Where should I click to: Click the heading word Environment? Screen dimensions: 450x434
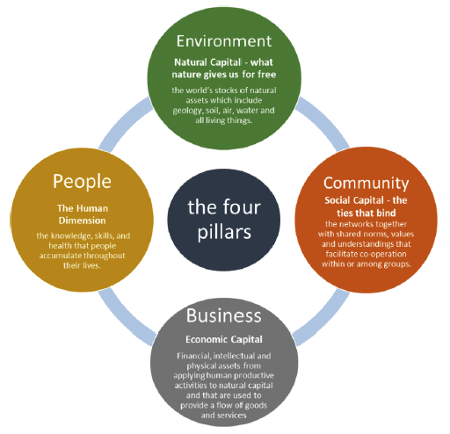224,41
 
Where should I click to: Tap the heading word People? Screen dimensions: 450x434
82,182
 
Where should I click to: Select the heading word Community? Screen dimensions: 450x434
366,184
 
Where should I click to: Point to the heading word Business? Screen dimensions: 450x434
223,315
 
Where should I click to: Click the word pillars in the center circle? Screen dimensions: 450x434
224,232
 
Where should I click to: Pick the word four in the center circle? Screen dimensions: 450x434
242,206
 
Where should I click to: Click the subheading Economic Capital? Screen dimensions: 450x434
224,339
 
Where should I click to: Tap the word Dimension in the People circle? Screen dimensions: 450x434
82,221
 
